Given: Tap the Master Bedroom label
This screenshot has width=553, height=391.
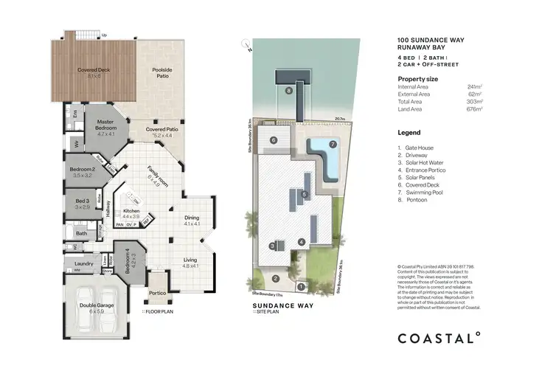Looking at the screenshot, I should pos(101,126).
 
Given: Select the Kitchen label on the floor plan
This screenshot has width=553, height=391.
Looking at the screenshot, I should pos(131,211).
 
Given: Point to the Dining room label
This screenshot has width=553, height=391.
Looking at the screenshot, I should pos(191,218).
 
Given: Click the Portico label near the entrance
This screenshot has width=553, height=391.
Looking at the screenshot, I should pos(157,292).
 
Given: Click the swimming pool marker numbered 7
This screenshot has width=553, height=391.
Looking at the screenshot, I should pos(333,144).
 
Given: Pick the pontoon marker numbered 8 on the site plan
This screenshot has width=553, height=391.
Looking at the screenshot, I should pos(289,91).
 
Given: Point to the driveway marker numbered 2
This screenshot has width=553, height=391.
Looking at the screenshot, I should pos(275,278).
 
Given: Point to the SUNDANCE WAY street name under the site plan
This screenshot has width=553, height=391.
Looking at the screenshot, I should pos(275,304).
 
